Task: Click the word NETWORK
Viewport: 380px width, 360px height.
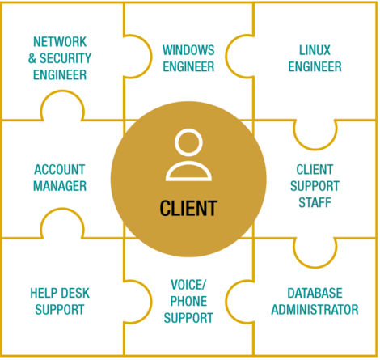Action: pos(60,42)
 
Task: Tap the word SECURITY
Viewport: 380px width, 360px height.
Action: pos(65,58)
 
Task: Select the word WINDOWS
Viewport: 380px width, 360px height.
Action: pos(188,50)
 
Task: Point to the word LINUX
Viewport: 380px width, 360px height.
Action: pos(315,50)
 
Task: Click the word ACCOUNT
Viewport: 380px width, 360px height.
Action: pos(60,170)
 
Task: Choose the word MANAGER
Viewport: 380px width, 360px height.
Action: pos(60,186)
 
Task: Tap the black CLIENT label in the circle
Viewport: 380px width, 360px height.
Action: pos(188,208)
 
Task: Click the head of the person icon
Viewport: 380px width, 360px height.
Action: pos(188,142)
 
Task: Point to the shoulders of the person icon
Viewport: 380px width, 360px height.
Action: pos(188,171)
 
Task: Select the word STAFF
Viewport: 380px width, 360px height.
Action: pos(315,202)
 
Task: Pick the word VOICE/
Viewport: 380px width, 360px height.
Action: pos(188,285)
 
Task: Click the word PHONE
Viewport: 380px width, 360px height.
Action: pos(188,301)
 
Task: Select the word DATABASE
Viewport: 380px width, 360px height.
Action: pos(315,293)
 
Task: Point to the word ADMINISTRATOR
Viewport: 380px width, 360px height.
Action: pos(315,310)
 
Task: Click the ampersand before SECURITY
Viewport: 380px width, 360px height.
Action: pos(32,58)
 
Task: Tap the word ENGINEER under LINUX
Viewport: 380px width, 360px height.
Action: pos(315,66)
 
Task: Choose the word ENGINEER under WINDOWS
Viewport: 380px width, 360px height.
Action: pos(188,66)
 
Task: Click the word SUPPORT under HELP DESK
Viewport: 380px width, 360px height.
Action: pos(60,310)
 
